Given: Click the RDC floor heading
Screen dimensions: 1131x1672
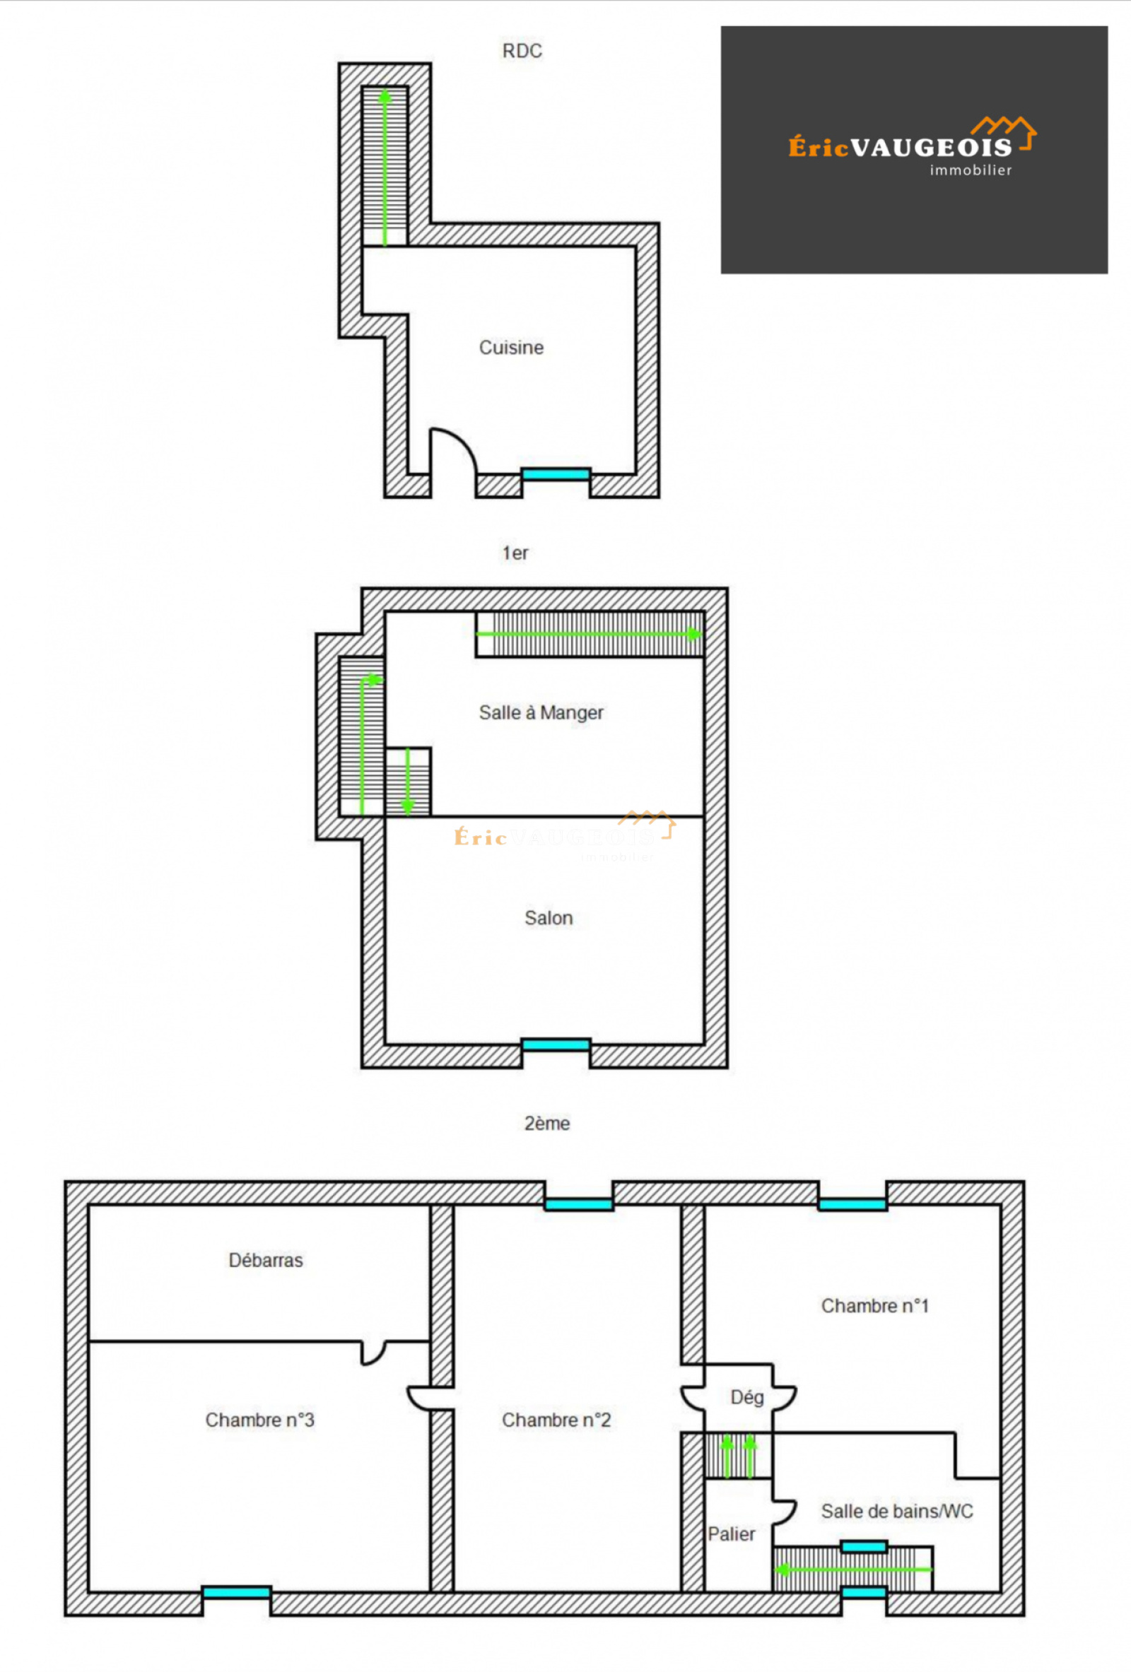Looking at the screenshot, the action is coord(522,51).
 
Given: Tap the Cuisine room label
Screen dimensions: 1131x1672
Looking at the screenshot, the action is coord(511,348).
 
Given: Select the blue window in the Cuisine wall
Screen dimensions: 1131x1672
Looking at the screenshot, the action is coord(556,474).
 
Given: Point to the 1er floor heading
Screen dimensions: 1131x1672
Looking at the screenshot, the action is coord(515,553).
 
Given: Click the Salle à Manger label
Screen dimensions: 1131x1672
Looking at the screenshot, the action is coord(541,712).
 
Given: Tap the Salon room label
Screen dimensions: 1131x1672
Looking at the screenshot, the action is coord(549,918).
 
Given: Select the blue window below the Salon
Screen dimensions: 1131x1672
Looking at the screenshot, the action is coord(556,1044).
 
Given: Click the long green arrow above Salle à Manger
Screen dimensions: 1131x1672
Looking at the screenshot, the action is coord(589,634).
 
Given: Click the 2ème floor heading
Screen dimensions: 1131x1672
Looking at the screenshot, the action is coord(547,1123).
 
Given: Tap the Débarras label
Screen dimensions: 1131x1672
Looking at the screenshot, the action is coord(266,1260).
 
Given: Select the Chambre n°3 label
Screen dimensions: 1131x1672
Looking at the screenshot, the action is coord(259,1420).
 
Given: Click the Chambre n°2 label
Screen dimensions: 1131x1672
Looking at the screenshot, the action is coord(556,1420).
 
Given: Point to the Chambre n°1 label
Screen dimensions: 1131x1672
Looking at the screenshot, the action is coord(875,1305).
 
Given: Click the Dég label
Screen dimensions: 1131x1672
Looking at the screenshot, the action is coord(746,1397).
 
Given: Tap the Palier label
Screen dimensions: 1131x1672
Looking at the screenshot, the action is coord(731,1534).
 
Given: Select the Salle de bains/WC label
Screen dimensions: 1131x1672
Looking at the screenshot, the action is coord(897,1511).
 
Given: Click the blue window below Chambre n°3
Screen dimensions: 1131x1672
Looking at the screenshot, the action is coord(236,1593).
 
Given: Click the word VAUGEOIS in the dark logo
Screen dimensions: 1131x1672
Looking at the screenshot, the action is coord(932,148).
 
